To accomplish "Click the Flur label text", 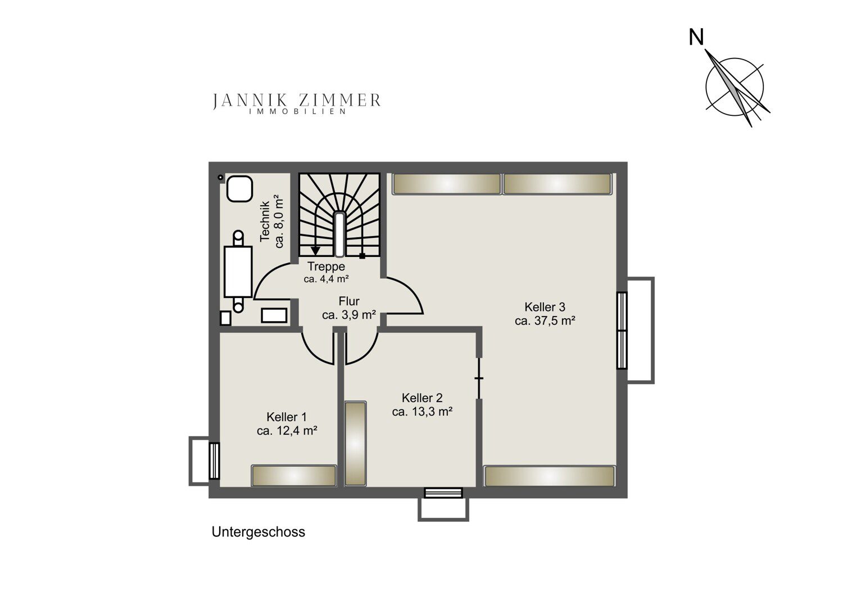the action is pyautogui.click(x=349, y=301).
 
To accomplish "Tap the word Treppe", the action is pyautogui.click(x=327, y=267).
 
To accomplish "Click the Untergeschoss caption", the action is pyautogui.click(x=258, y=532).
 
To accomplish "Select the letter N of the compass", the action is pyautogui.click(x=696, y=37).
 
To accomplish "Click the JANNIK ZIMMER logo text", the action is pyautogui.click(x=297, y=100).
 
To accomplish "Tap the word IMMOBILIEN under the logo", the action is pyautogui.click(x=297, y=111).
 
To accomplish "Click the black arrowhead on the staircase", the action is pyautogui.click(x=315, y=251).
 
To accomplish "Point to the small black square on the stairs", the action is pyautogui.click(x=362, y=256).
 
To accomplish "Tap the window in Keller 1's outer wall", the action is pyautogui.click(x=214, y=461).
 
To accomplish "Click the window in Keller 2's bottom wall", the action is pyautogui.click(x=443, y=493).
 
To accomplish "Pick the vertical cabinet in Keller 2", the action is pyautogui.click(x=355, y=444).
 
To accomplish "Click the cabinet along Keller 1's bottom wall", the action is pyautogui.click(x=293, y=476).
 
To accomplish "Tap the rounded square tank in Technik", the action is pyautogui.click(x=239, y=188).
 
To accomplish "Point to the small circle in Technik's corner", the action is pyautogui.click(x=220, y=177).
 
